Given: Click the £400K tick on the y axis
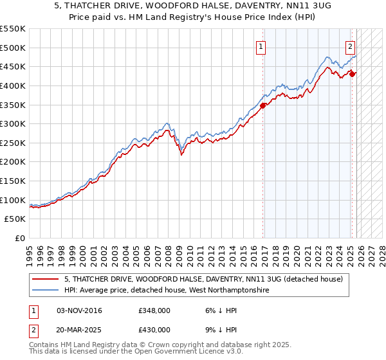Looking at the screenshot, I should tap(12, 85).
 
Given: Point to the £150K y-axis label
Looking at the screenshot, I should tap(12, 181).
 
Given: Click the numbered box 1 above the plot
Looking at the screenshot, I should tap(261, 46).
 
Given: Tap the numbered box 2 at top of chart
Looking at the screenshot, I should tap(350, 46).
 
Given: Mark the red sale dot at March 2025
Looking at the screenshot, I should tap(353, 73).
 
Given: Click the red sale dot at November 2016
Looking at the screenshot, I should tap(263, 105).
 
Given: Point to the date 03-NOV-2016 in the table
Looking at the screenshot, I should tap(79, 311).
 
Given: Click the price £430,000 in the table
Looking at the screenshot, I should tap(154, 329).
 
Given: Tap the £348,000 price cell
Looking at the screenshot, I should tap(154, 311).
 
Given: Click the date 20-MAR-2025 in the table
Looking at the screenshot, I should tap(79, 329).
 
